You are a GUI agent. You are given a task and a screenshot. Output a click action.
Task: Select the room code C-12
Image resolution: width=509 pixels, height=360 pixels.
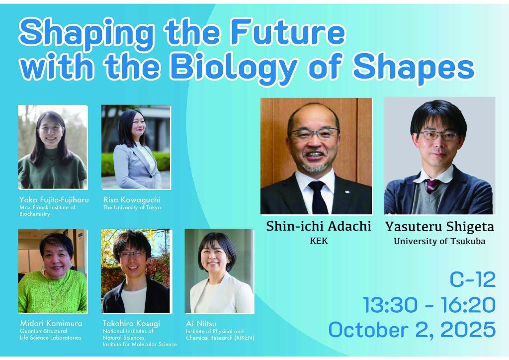pyautogui.click(x=473, y=279)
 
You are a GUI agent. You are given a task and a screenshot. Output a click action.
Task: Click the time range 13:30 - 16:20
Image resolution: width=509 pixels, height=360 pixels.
pyautogui.click(x=429, y=305)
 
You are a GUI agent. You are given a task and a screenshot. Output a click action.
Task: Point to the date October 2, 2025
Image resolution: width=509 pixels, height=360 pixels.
pyautogui.click(x=412, y=330)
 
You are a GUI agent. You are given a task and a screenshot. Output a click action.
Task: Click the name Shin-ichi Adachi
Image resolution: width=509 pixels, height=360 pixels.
pyautogui.click(x=319, y=226)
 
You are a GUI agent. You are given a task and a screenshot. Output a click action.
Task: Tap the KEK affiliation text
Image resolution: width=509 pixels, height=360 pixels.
pyautogui.click(x=319, y=241)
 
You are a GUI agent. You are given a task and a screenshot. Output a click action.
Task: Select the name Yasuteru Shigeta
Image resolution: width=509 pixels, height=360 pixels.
pyautogui.click(x=439, y=227)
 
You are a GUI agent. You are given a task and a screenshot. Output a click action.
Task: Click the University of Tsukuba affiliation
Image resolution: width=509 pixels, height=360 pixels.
pyautogui.click(x=439, y=242)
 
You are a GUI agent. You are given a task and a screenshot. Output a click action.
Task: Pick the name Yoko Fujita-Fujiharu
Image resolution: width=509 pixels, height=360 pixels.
pyautogui.click(x=54, y=199)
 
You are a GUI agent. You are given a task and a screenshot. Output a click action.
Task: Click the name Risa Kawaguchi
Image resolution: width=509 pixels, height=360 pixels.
pyautogui.click(x=132, y=199)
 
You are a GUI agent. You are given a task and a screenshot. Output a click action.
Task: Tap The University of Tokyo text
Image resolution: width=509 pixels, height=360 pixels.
pyautogui.click(x=132, y=207)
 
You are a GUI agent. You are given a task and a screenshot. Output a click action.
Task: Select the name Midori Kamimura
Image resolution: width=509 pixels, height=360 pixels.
pyautogui.click(x=51, y=323)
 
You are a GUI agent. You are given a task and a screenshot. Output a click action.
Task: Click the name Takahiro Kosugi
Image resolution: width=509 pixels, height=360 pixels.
pyautogui.click(x=131, y=323)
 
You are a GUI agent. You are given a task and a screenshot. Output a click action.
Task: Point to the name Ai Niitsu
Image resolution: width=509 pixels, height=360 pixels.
pyautogui.click(x=201, y=323)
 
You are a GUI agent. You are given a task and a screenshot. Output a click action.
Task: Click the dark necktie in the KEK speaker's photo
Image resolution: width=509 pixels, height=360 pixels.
pyautogui.click(x=318, y=197)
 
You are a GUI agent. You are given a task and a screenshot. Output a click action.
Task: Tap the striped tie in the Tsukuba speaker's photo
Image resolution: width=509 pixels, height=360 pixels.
pyautogui.click(x=432, y=186)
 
